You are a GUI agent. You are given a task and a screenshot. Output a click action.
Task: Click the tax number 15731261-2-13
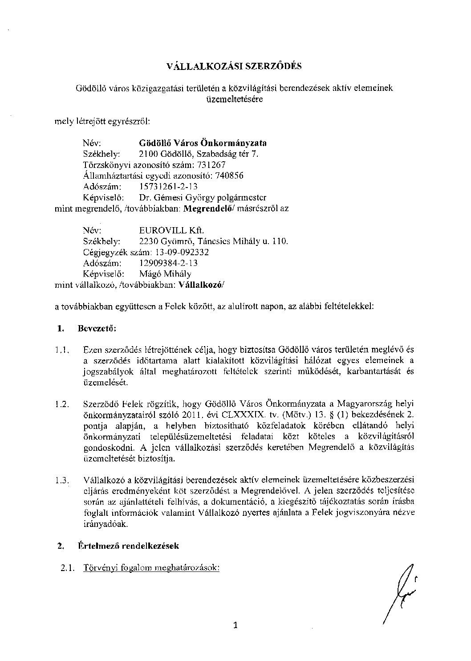pos(169,187)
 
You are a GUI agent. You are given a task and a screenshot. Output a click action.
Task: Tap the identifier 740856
pos(229,175)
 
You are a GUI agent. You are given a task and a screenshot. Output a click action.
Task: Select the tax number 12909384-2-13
pos(169,263)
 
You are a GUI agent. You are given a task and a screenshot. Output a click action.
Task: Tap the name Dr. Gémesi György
pos(177,197)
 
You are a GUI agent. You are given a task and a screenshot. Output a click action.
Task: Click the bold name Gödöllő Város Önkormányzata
pos(203,143)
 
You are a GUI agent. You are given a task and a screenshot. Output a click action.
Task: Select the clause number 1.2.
pos(61,404)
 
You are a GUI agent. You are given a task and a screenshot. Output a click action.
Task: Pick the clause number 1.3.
pos(61,481)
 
